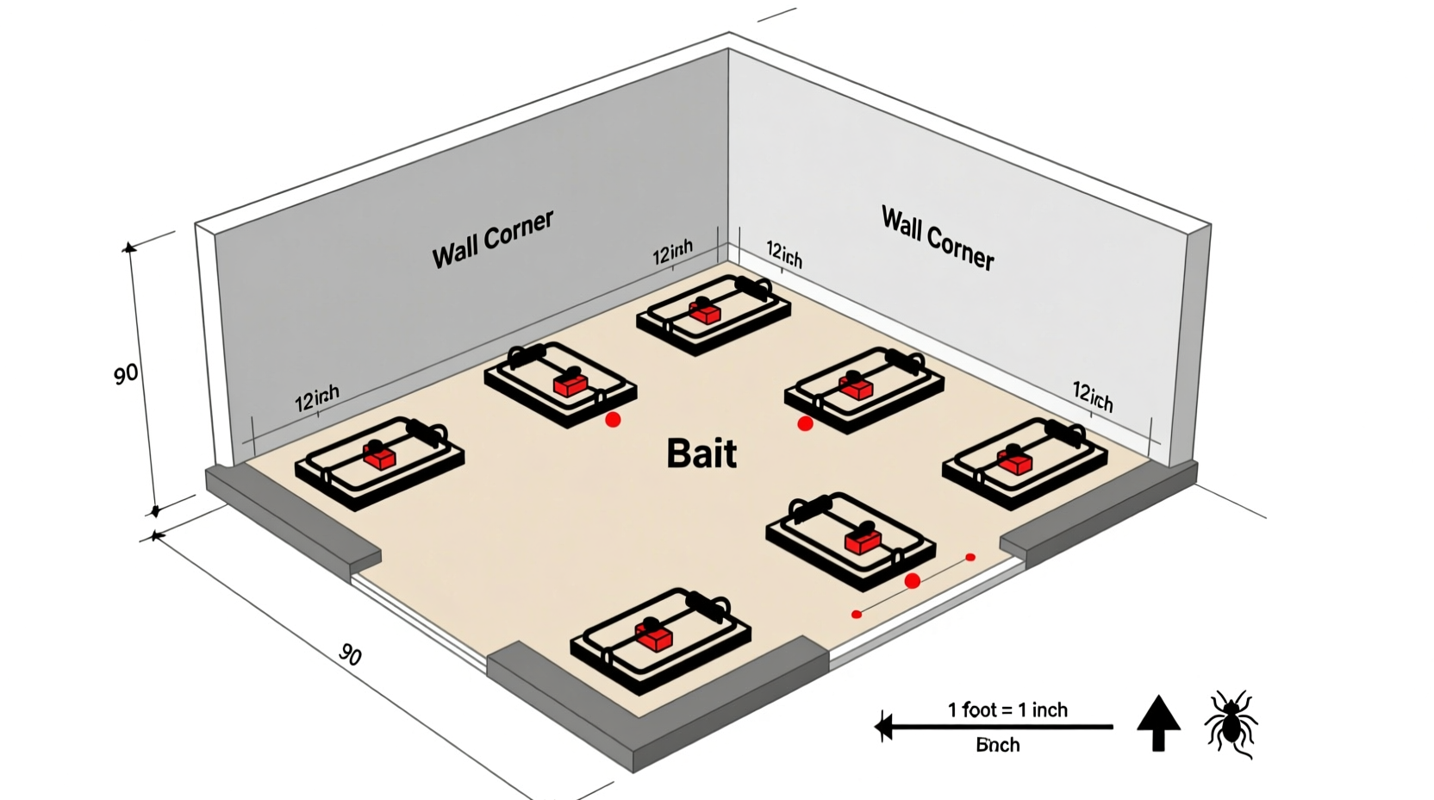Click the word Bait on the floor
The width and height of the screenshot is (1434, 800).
[701, 453]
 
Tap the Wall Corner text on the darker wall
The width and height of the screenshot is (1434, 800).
[492, 239]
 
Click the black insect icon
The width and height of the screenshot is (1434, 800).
[1231, 722]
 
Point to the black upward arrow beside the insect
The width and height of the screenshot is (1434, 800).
[1158, 722]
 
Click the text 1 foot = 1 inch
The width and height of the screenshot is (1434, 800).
[1007, 709]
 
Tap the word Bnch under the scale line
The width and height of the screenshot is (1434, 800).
[997, 745]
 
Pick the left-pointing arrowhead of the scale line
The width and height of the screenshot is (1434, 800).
[883, 727]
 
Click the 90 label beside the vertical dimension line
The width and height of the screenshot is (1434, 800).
[126, 374]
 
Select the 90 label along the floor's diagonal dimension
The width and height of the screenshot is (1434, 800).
[350, 654]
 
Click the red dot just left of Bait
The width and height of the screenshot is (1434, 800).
[613, 420]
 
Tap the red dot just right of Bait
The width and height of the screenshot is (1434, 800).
[805, 423]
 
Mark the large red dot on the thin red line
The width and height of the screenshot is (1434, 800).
[913, 581]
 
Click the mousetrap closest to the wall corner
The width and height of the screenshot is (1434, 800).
[714, 314]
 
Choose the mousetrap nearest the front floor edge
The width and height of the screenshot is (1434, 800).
[660, 639]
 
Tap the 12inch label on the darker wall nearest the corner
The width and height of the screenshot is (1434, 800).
[672, 253]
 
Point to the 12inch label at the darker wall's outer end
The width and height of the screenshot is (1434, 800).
[317, 398]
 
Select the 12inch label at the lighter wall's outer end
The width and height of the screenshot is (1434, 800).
[1093, 396]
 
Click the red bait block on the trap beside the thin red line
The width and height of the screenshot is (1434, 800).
[863, 541]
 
